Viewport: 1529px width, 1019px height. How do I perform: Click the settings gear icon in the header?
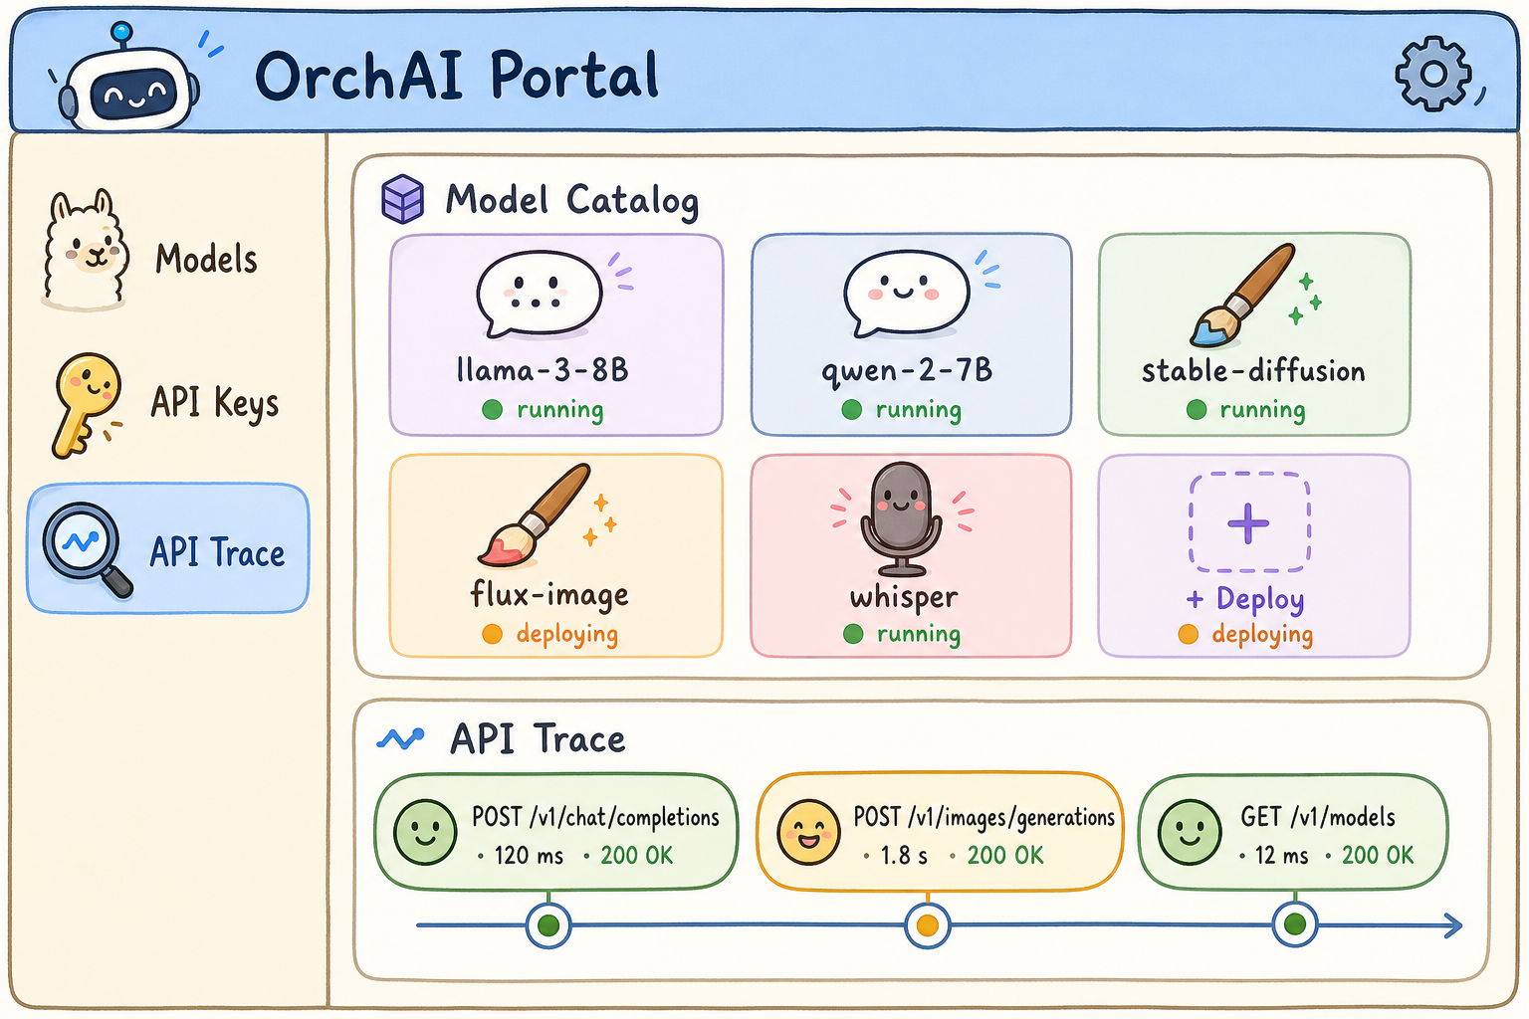[1432, 74]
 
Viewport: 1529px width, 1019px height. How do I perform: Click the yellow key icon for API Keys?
[86, 404]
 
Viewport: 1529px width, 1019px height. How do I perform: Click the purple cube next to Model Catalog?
[402, 199]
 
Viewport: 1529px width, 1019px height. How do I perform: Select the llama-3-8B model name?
[543, 370]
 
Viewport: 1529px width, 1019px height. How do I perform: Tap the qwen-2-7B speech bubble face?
[907, 294]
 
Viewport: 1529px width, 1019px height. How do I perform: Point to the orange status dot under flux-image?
[492, 634]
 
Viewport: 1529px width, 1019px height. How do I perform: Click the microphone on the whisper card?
[901, 518]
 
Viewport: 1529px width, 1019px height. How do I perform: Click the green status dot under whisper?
[853, 634]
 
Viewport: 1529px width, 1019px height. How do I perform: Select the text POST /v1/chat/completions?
[595, 817]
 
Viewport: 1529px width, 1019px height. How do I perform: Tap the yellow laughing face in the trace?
[808, 833]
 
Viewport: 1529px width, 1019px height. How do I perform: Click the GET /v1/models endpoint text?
[1318, 817]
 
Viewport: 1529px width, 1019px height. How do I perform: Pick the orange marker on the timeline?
[927, 925]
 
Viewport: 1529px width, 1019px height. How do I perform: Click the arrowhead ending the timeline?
[1452, 925]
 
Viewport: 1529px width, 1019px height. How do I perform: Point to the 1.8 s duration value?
[904, 855]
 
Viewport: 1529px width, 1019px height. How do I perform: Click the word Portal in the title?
[574, 75]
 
